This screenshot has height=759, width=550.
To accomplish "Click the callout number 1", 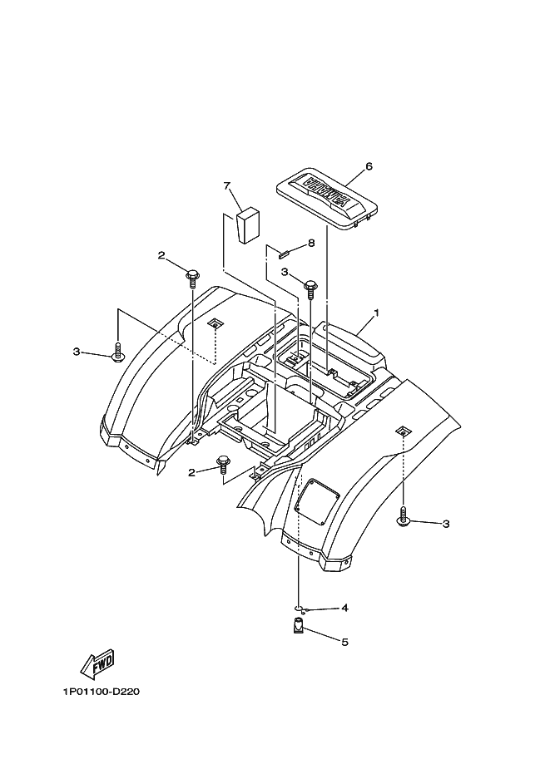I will click(x=376, y=313).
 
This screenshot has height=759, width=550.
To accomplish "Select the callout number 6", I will click(x=369, y=166).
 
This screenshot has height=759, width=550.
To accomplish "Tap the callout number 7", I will click(x=226, y=186).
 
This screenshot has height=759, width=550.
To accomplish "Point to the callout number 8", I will click(x=310, y=244).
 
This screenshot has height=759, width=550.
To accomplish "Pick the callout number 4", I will click(x=344, y=608).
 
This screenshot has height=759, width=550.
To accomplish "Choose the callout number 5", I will click(x=344, y=642).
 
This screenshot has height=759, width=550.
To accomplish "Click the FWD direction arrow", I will click(x=97, y=663).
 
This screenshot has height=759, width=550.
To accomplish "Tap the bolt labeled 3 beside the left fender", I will click(x=117, y=352).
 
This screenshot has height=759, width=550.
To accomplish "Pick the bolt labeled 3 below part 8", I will click(x=310, y=288).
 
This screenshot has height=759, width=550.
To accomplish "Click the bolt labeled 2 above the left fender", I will click(x=193, y=274).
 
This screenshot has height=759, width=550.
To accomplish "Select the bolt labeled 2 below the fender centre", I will click(x=223, y=462).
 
